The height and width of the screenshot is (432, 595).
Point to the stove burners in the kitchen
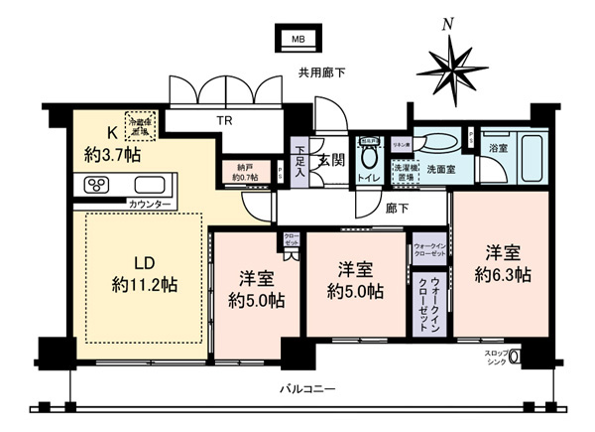101,185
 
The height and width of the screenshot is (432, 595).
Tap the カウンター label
150,205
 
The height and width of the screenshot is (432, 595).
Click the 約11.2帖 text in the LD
144,285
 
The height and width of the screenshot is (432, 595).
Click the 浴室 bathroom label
498,148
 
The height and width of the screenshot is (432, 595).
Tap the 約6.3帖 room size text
501,274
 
